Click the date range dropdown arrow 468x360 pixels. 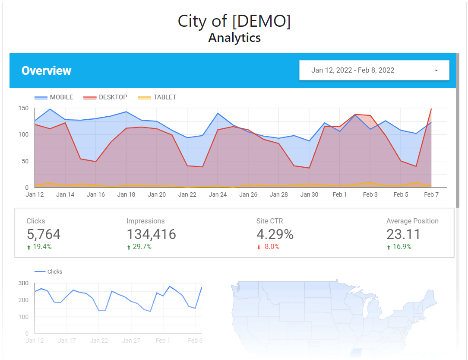click(x=436, y=70)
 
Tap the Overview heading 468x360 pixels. click(x=47, y=71)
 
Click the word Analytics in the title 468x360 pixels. click(x=234, y=38)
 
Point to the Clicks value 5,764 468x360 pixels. click(x=44, y=234)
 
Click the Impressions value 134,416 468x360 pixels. click(x=151, y=234)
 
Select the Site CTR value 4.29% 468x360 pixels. click(x=275, y=234)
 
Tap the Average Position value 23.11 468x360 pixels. click(x=403, y=234)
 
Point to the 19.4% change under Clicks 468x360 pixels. click(x=41, y=247)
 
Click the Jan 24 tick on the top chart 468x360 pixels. click(x=218, y=194)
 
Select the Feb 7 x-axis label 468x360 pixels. click(x=431, y=194)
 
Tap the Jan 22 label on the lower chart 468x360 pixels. click(x=99, y=341)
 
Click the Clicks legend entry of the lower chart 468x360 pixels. click(x=54, y=272)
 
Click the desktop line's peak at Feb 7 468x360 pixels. click(x=431, y=109)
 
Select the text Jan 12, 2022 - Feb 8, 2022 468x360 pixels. click(x=353, y=70)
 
